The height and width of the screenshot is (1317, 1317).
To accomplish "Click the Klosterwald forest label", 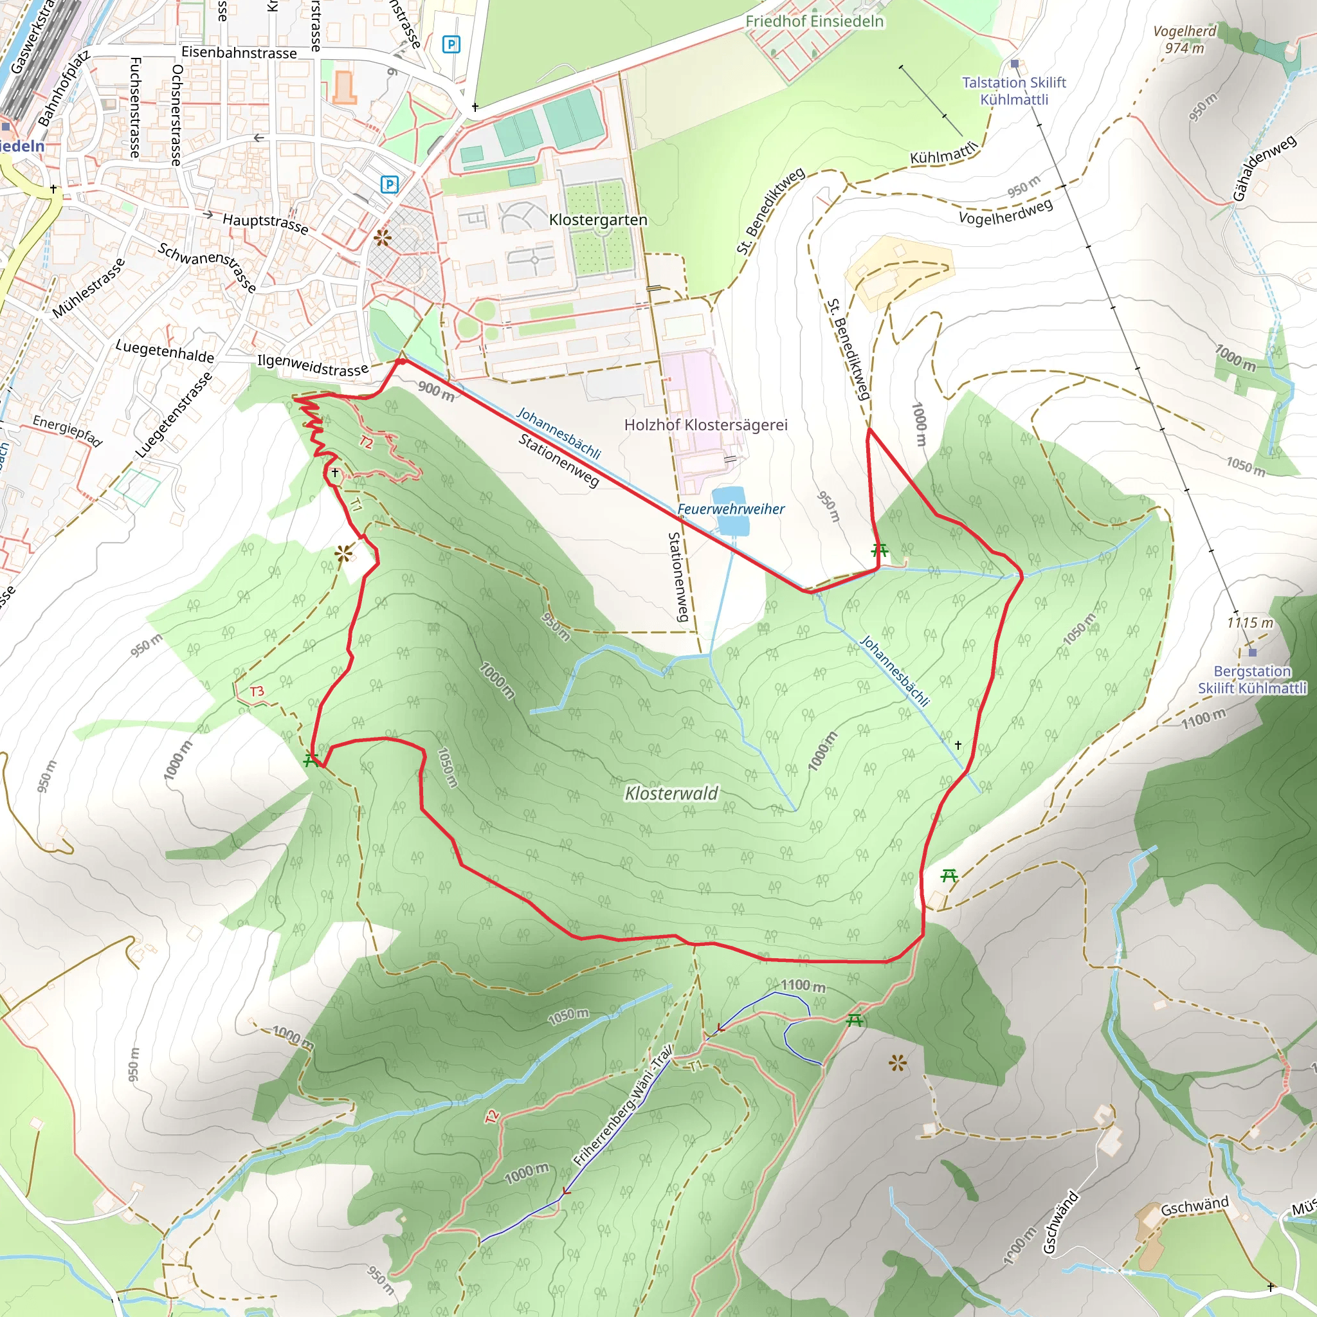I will pyautogui.click(x=671, y=794).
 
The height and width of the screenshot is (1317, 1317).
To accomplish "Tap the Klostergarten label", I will pyautogui.click(x=598, y=220).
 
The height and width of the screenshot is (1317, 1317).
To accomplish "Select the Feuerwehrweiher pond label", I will pyautogui.click(x=731, y=509).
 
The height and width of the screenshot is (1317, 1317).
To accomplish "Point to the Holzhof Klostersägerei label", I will pyautogui.click(x=705, y=424).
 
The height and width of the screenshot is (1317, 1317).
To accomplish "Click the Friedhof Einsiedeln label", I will pyautogui.click(x=814, y=21).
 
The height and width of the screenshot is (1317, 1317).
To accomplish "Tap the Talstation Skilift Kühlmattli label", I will pyautogui.click(x=1013, y=91).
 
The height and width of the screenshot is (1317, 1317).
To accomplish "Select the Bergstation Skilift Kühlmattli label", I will pyautogui.click(x=1252, y=680).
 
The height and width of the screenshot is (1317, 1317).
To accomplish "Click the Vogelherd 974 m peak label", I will pyautogui.click(x=1184, y=39).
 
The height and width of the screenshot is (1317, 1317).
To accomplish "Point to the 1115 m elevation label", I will pyautogui.click(x=1250, y=622).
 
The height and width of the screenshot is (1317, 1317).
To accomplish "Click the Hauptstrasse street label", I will pyautogui.click(x=265, y=223).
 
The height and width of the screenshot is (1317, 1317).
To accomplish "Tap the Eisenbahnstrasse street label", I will pyautogui.click(x=239, y=53).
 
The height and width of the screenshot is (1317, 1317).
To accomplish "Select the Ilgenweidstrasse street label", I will pyautogui.click(x=312, y=365).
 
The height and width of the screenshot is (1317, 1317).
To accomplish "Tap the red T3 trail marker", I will pyautogui.click(x=257, y=691).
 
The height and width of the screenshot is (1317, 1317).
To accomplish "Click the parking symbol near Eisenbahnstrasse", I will pyautogui.click(x=451, y=45).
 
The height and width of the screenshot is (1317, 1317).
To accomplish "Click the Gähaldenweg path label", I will pyautogui.click(x=1264, y=168).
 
